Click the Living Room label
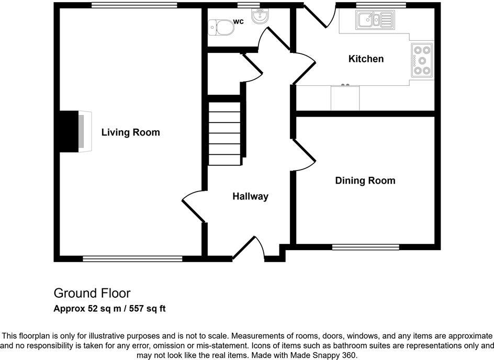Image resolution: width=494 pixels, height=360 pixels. pos(130,132)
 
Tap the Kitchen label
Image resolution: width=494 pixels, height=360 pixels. pos(366,59)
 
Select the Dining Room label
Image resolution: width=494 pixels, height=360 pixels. pos(365,181)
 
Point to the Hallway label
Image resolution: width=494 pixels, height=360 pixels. pos(250,196)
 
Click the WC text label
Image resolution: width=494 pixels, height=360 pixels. pos(239,21)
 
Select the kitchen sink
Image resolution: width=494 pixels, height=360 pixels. pos(375,21)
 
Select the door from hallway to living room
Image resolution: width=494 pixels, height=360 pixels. pos(193,205)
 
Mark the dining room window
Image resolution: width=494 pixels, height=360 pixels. pos(366,246)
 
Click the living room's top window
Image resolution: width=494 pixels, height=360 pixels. pos(133,5)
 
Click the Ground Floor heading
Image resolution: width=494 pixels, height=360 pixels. pos(92,293)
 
